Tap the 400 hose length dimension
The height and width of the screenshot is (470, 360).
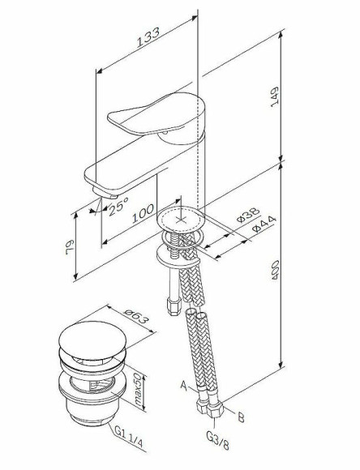coord(297,271)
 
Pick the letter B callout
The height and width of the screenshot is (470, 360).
coord(241,419)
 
